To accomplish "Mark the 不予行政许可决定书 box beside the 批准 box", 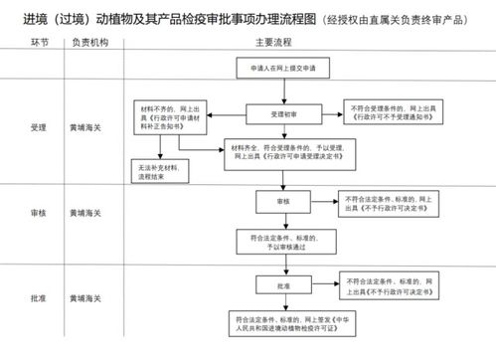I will point(394,286).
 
